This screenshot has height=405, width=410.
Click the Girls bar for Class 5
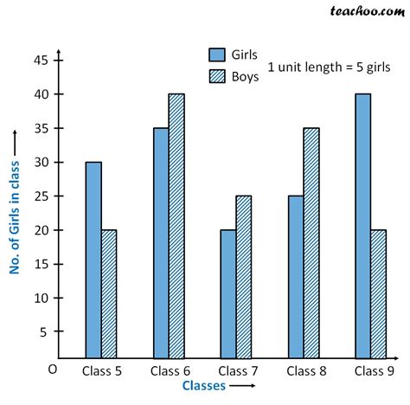point(93,260)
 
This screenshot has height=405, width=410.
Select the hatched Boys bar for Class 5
point(108,293)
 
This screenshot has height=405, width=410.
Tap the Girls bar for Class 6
point(161,243)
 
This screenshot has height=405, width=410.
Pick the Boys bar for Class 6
point(176,226)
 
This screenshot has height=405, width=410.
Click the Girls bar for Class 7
point(228,293)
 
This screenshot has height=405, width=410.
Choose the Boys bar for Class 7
point(244,277)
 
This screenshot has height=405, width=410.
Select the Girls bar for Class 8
point(296,277)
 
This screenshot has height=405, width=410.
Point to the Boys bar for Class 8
point(311,243)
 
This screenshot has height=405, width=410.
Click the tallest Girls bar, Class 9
point(363,226)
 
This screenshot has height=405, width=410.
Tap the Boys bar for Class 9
point(379,293)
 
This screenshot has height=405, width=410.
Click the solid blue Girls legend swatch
point(217,53)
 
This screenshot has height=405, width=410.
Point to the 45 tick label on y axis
point(41,61)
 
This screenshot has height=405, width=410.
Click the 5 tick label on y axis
point(44,331)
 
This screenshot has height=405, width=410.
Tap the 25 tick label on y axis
point(41,196)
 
